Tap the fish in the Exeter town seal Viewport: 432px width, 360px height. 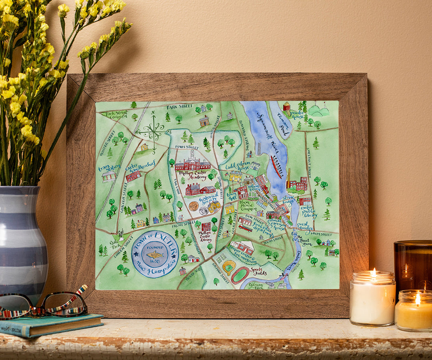click(x=155, y=255)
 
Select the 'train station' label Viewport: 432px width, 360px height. click(x=109, y=167)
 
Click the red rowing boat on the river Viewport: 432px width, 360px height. click(x=276, y=166)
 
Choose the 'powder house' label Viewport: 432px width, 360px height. click(x=297, y=115)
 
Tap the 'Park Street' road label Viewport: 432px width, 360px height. click(x=177, y=107)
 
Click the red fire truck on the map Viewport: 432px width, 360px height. click(x=245, y=228)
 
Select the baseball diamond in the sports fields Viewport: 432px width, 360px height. click(x=229, y=266)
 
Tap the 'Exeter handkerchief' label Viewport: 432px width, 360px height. click(x=140, y=168)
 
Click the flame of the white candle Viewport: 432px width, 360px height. click(x=374, y=273)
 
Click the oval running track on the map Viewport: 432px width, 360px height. click(x=240, y=275)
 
